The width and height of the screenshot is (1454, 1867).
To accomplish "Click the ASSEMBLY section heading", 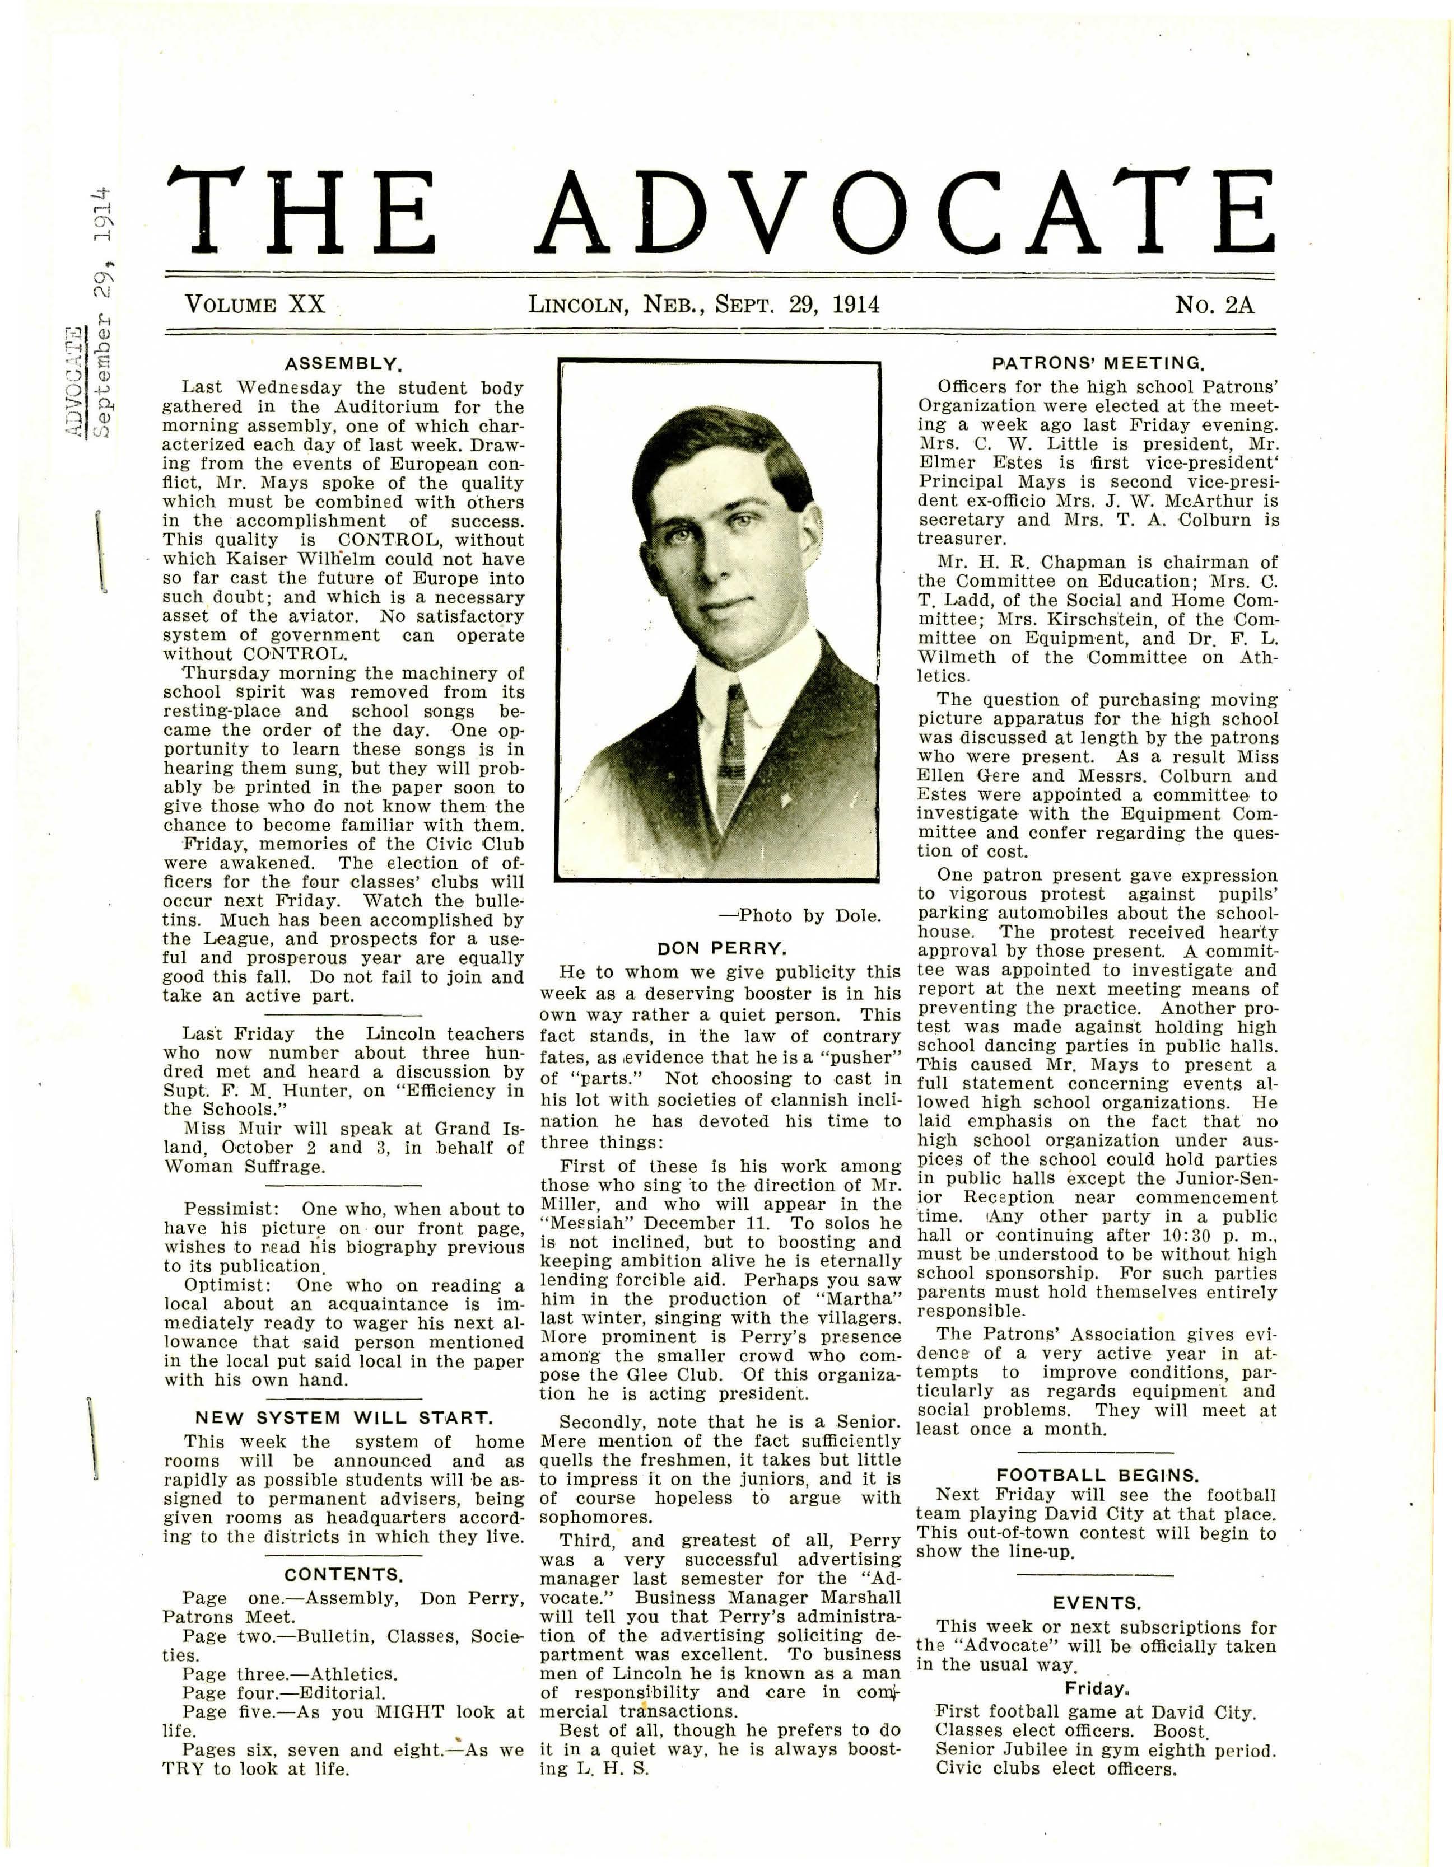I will [x=343, y=364].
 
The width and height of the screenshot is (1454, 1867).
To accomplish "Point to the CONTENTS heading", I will [x=343, y=1574].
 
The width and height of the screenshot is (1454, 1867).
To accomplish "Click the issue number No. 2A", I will [x=1214, y=305].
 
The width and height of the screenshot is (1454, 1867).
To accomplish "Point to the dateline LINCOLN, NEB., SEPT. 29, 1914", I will [x=703, y=305].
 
